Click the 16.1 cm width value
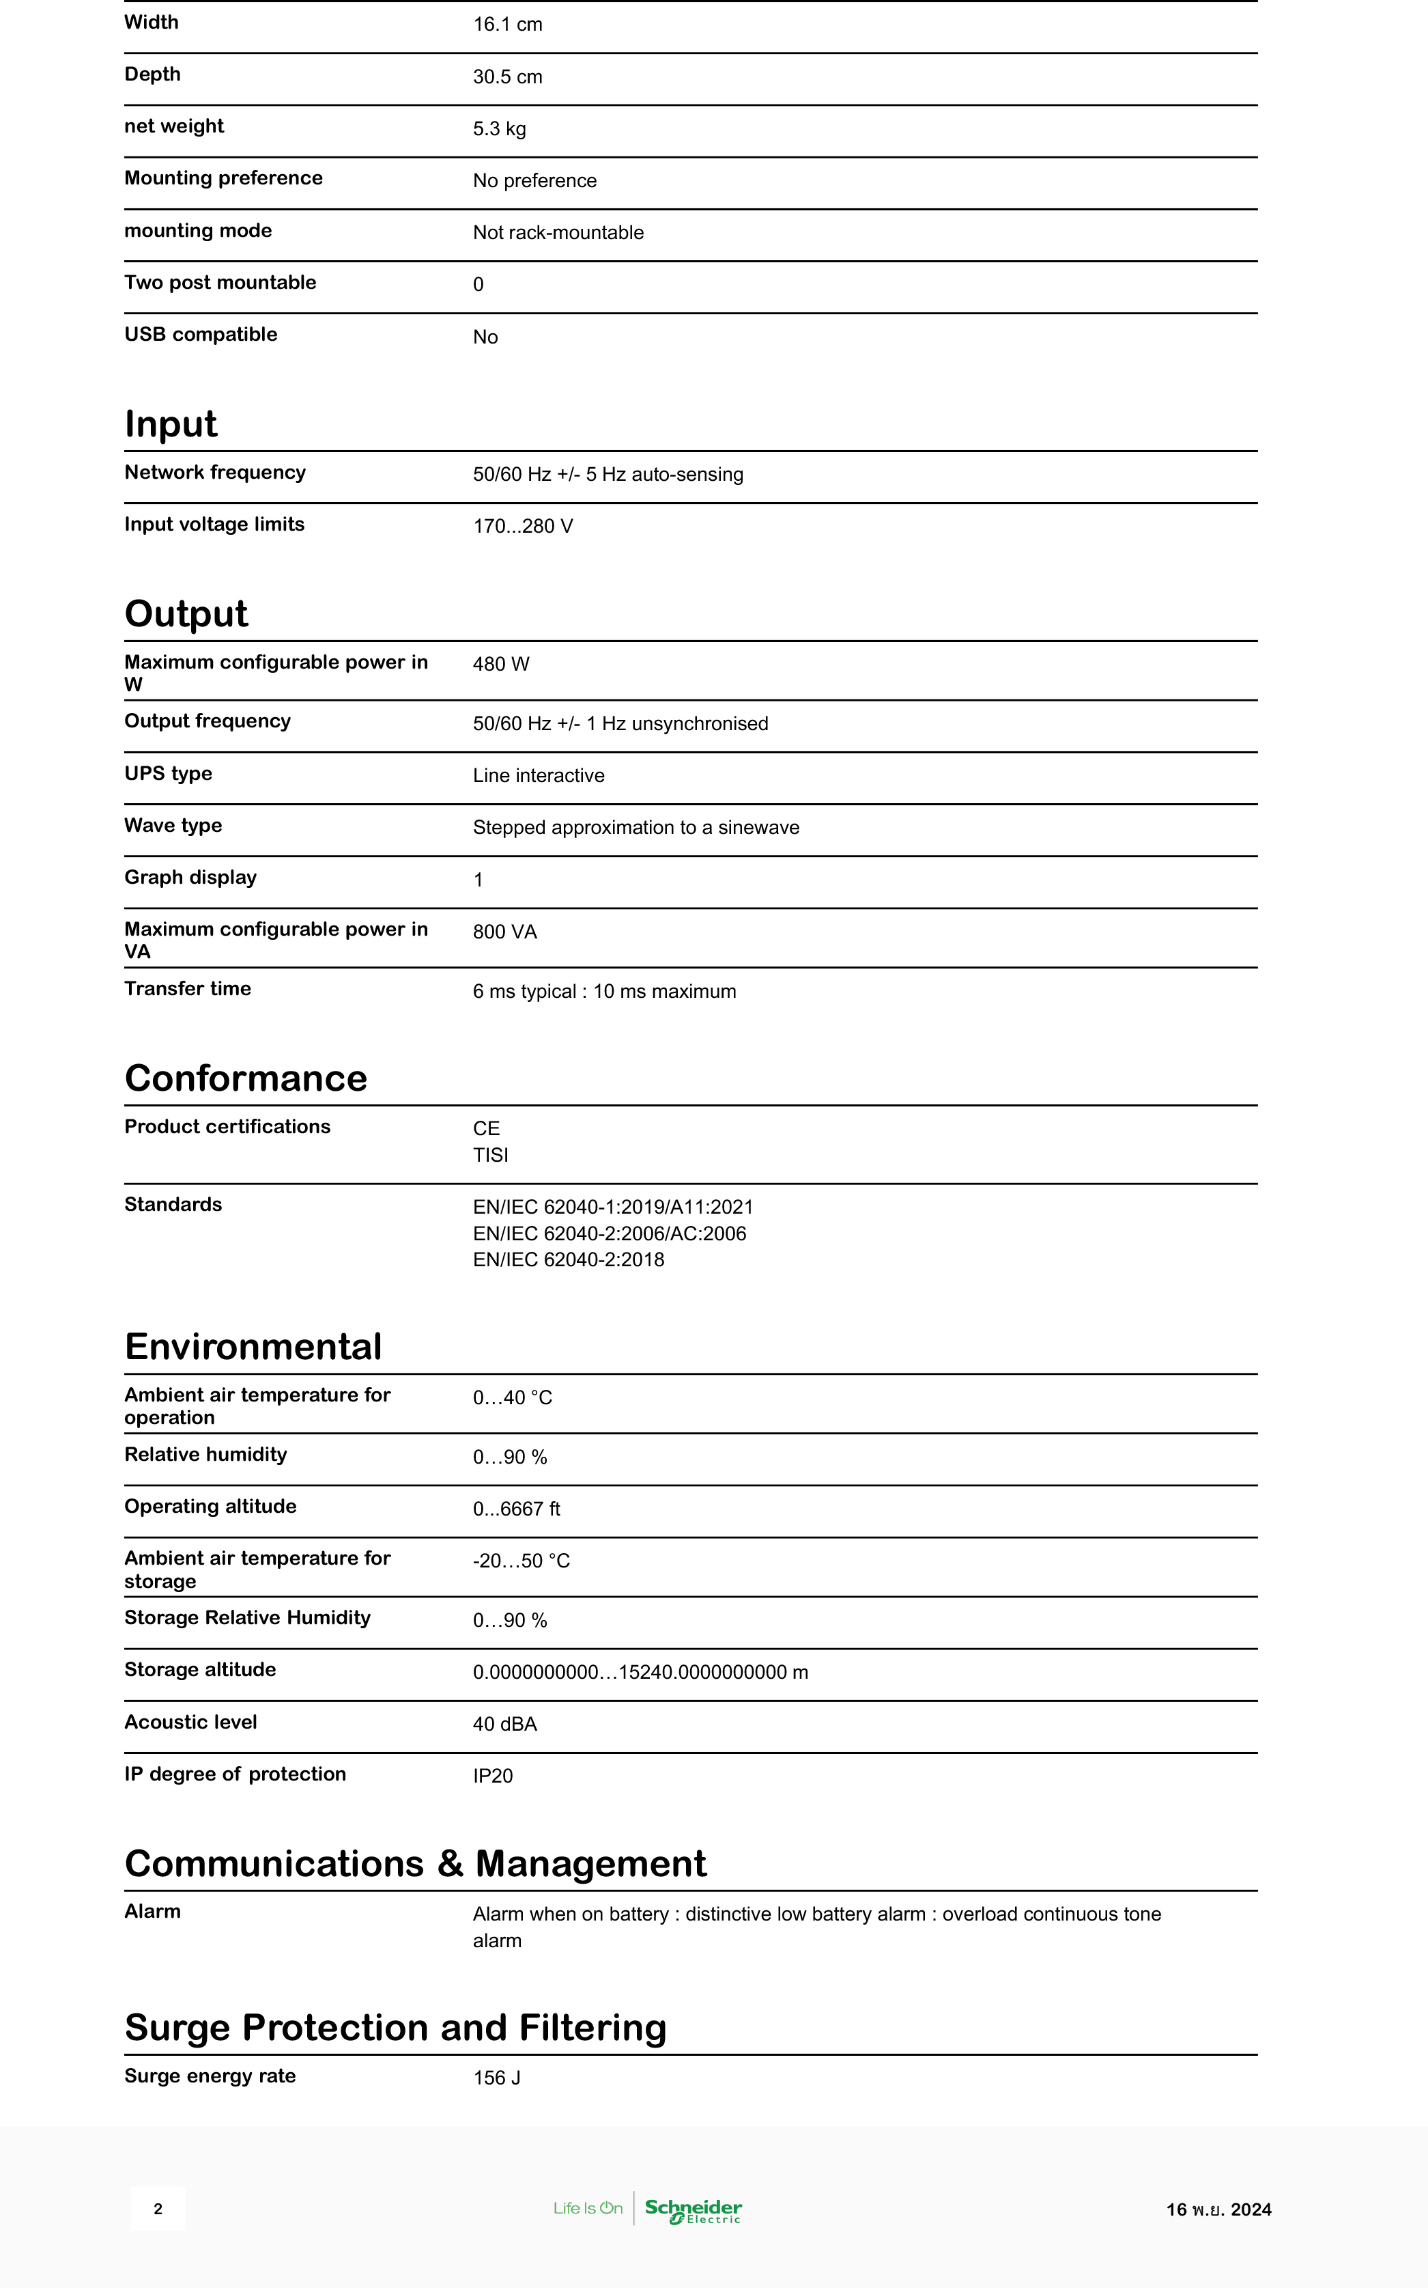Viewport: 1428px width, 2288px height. (x=507, y=25)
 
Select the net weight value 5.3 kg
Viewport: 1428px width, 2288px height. (x=499, y=128)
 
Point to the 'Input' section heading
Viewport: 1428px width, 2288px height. (x=171, y=424)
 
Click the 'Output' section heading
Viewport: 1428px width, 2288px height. (x=186, y=614)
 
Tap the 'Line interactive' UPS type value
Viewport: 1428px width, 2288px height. (x=539, y=776)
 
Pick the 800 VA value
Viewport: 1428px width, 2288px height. (x=504, y=932)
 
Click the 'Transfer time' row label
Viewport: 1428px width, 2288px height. (x=187, y=989)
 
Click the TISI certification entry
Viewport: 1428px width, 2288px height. (x=490, y=1156)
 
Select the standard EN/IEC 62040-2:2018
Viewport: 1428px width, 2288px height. (x=569, y=1260)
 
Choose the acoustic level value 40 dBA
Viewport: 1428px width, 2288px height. (x=504, y=1724)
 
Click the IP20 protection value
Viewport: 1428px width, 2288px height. (x=492, y=1776)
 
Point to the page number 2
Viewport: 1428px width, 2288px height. (x=158, y=2209)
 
